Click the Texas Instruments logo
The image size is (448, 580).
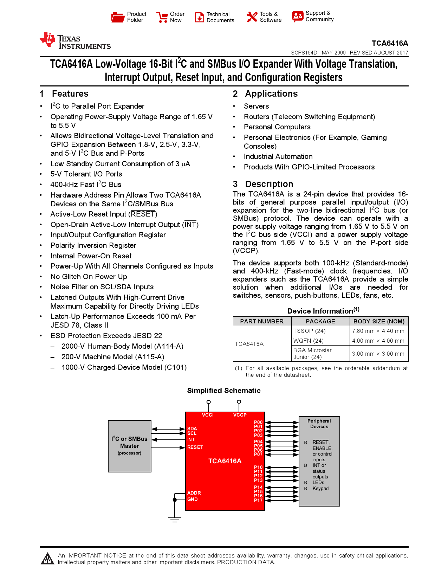pos(75,41)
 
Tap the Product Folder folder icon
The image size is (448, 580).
pos(118,17)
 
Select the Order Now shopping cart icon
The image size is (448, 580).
pos(162,17)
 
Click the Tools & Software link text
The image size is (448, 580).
pos(271,17)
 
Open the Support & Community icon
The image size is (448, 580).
pos(297,16)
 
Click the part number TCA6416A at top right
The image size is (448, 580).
pos(390,43)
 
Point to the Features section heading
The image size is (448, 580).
pos(70,94)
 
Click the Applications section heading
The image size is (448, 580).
pos(271,94)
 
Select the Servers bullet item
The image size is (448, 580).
pos(256,106)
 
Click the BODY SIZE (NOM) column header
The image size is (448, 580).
pos(379,321)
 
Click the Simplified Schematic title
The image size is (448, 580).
pos(224,391)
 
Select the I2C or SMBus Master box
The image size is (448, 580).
pos(130,446)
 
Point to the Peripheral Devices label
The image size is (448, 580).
pos(319,424)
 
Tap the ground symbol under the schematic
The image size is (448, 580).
pos(175,519)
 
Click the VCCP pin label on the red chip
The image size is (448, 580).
pos(240,415)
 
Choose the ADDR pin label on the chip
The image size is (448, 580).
pos(194,493)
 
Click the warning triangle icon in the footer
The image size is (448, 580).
pos(47,559)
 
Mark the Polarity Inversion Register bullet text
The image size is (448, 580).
pos(93,245)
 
